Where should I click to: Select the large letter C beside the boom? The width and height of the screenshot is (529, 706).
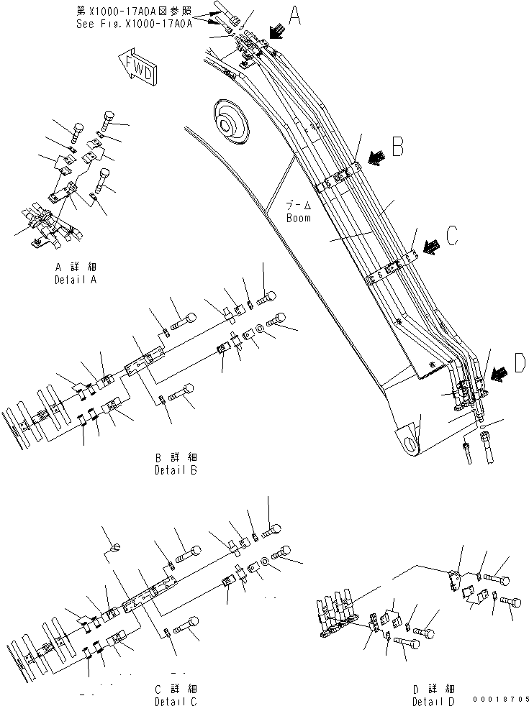452,237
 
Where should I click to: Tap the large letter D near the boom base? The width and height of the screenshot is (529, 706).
519,365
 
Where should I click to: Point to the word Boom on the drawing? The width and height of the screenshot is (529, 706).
298,218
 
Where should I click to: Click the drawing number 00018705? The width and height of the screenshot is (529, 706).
500,699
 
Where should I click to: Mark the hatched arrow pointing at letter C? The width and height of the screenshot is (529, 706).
430,247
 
